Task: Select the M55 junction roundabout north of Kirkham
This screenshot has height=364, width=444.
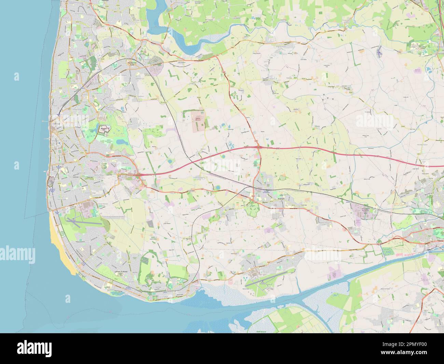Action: (259, 147)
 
